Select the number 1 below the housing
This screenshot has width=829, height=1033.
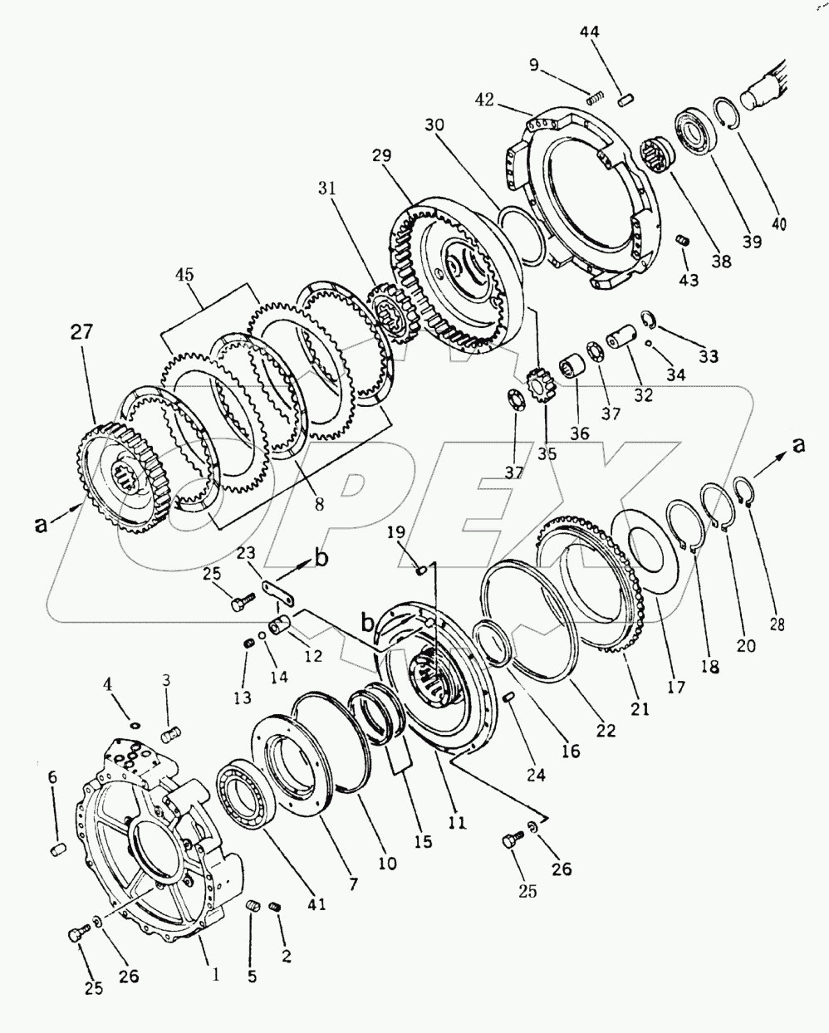pos(215,977)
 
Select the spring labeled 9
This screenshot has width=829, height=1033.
pos(593,99)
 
